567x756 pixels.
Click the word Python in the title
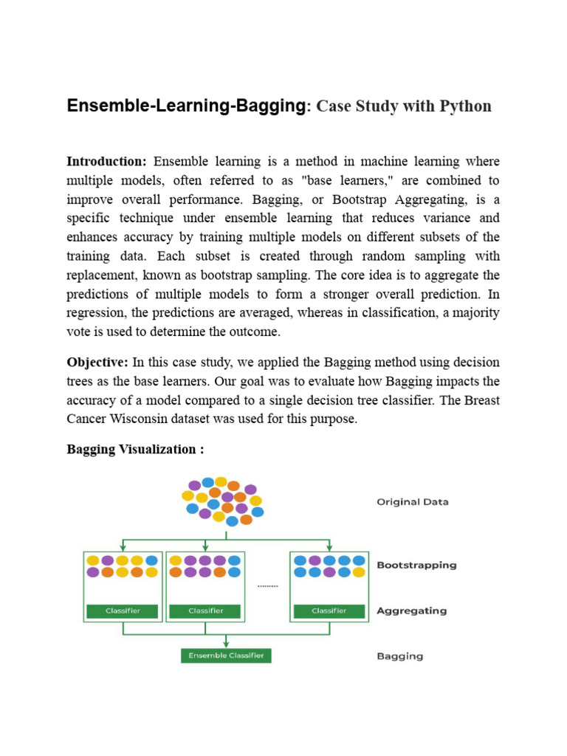coord(465,106)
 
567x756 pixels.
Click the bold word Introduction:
coord(107,162)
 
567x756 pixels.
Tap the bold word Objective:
coord(97,362)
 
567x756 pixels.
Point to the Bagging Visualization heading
coord(135,450)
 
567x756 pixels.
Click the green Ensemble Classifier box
coord(226,656)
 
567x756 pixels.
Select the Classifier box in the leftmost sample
coord(123,611)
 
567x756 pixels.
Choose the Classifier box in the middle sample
coord(205,611)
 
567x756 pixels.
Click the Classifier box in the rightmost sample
coord(329,611)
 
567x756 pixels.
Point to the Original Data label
coord(413,502)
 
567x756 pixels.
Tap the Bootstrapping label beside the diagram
coord(416,566)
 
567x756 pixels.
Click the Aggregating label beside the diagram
coord(411,611)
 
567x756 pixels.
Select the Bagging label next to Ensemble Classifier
coord(400,656)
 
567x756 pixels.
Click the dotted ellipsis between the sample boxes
coord(267,586)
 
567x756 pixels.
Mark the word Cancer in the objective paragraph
coord(88,419)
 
